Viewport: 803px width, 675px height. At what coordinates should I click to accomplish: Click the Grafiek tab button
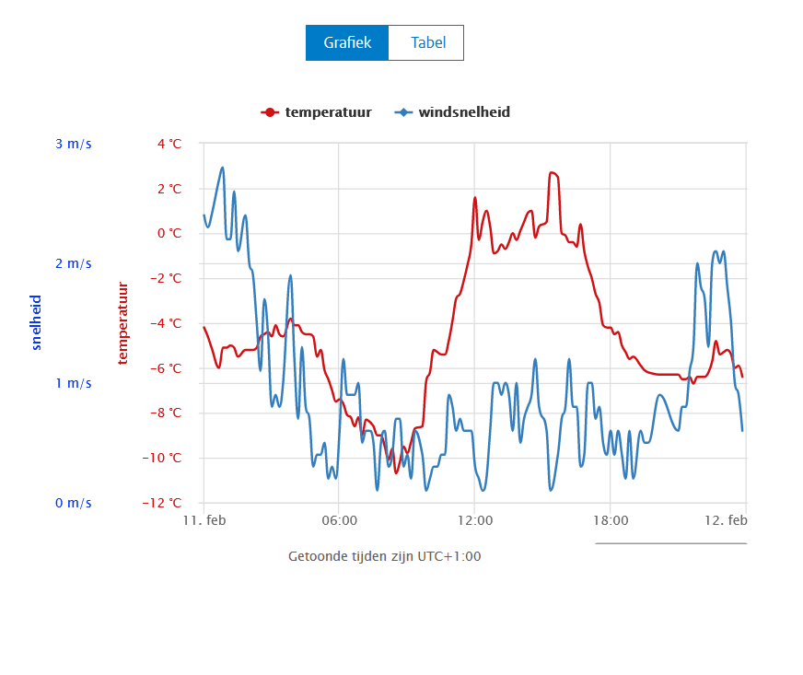tap(346, 43)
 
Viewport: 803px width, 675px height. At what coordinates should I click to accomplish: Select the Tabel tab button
tap(427, 43)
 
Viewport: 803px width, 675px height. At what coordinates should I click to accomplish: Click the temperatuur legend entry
tap(318, 112)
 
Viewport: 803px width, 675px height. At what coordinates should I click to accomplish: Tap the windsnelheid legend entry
tap(453, 112)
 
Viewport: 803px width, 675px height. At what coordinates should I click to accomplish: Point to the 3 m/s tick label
tap(73, 144)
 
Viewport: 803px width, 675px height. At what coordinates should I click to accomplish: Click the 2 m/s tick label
tap(73, 263)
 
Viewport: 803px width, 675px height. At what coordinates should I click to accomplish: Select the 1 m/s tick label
tap(73, 383)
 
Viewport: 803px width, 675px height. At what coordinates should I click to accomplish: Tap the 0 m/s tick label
tap(73, 503)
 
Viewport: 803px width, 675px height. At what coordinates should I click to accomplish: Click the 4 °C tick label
tap(169, 144)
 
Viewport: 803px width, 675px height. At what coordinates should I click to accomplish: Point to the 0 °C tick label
tap(169, 233)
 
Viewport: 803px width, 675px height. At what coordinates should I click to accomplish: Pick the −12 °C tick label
tap(165, 503)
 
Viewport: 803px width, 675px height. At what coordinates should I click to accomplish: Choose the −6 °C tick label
tap(167, 368)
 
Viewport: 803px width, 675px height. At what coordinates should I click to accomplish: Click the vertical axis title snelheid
tap(37, 322)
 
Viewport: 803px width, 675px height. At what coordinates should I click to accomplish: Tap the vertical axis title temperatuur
tap(122, 322)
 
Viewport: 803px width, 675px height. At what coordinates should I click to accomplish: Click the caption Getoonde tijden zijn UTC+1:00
tap(385, 556)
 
